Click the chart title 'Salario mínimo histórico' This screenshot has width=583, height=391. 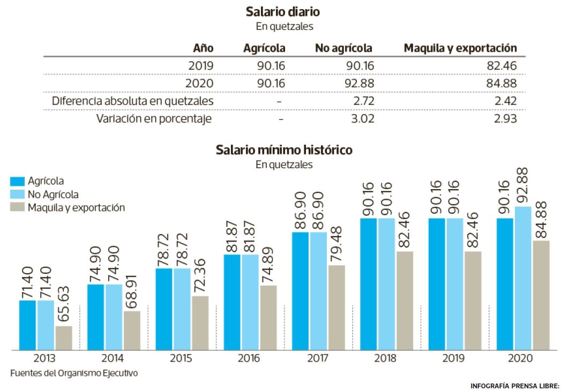(284, 150)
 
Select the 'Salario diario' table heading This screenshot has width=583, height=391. (282, 11)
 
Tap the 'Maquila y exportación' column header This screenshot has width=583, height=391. (460, 48)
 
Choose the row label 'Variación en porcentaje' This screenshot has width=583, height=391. (154, 118)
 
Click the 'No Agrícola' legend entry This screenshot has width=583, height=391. (53, 194)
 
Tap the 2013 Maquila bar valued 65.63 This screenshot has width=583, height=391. (64, 338)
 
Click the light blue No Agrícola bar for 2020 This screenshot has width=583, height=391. (523, 279)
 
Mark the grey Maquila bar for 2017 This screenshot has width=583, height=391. (335, 307)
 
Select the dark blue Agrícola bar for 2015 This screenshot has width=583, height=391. (165, 309)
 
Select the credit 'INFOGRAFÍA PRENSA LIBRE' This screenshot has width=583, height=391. (514, 386)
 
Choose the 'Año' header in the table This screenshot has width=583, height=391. (203, 48)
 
